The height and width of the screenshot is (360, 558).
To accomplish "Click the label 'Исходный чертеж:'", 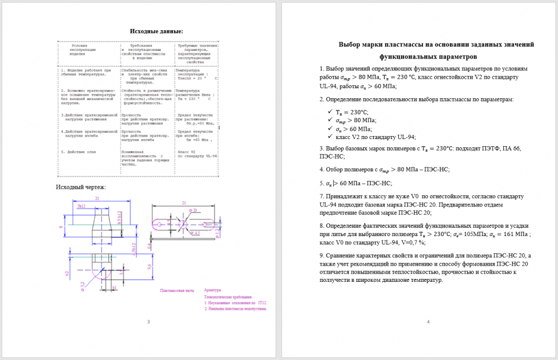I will (81, 186).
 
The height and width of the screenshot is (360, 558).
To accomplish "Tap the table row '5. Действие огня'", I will (81, 152).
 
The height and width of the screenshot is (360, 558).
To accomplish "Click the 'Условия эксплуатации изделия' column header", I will (88, 51).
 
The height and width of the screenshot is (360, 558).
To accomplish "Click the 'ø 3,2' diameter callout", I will (81, 286).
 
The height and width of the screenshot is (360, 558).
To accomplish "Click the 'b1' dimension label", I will (114, 288).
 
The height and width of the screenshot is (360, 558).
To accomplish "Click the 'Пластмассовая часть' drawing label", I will (177, 291).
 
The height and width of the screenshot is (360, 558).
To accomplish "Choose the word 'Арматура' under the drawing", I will (213, 290).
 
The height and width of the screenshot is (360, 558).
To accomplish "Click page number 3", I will (148, 322).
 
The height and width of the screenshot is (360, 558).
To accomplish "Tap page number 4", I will (428, 322).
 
